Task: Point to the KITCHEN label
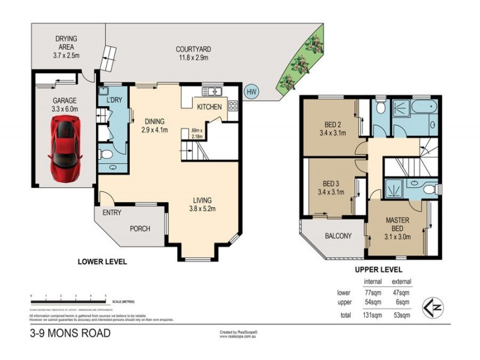tap(210, 107)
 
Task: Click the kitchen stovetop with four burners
tap(232, 107)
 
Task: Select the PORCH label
tap(140, 229)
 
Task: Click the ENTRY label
tap(112, 213)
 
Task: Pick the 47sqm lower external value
tap(401, 292)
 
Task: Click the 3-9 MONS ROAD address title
tap(70, 334)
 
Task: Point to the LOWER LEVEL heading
tap(103, 262)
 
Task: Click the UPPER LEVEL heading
tap(378, 270)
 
